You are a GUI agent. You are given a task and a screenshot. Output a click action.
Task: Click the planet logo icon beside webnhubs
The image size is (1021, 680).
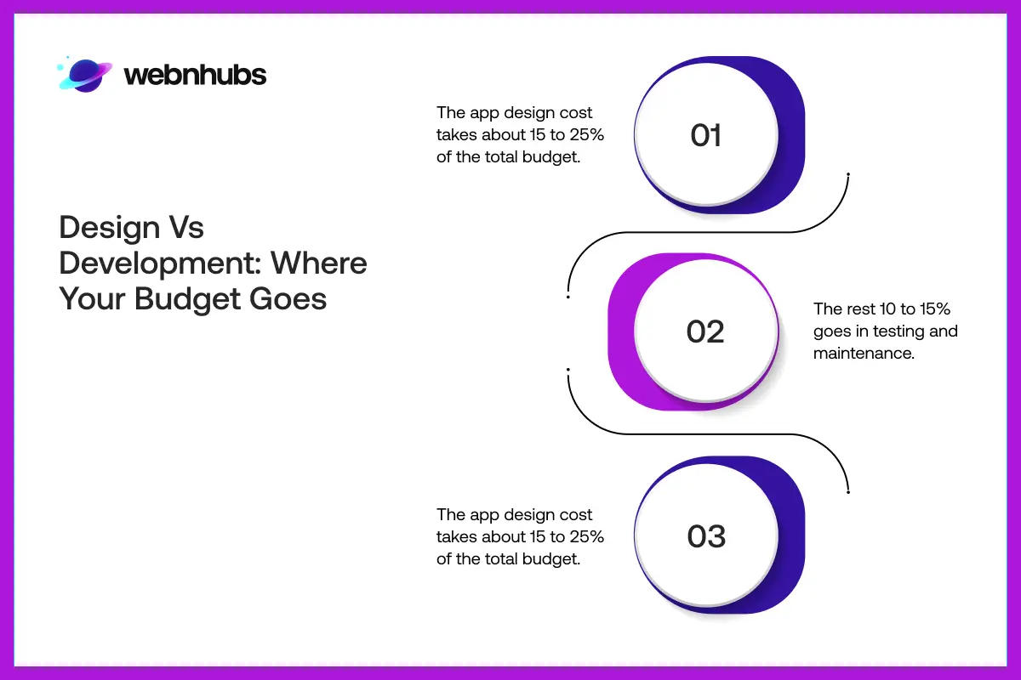point(85,74)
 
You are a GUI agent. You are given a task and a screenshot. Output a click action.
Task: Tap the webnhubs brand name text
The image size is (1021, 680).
point(195,75)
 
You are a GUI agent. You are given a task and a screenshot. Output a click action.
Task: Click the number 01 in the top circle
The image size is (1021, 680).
point(705,135)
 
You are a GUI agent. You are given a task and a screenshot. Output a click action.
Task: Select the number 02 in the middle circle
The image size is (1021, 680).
point(705,331)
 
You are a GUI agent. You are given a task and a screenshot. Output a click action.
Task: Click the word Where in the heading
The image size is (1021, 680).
point(319,263)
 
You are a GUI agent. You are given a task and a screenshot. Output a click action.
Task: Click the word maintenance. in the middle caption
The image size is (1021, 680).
point(864,353)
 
